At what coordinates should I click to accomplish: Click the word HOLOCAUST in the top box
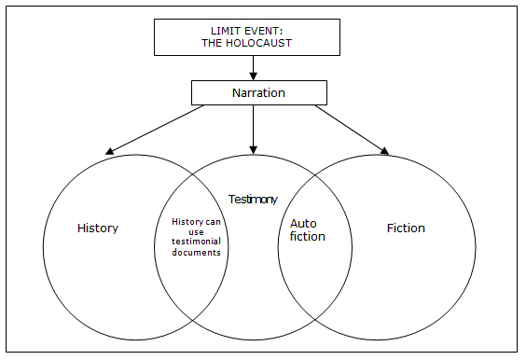click(x=258, y=43)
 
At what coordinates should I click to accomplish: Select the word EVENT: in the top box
click(x=264, y=31)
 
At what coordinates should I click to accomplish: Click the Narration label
click(x=258, y=92)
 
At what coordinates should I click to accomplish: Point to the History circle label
click(x=98, y=228)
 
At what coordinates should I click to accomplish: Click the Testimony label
click(x=253, y=200)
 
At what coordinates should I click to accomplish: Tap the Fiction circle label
click(x=406, y=228)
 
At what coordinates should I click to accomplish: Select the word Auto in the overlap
click(x=303, y=224)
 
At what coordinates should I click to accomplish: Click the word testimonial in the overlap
click(x=196, y=242)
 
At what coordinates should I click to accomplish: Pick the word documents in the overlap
click(x=196, y=253)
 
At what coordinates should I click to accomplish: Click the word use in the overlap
click(x=196, y=232)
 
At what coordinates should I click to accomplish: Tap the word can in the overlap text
click(x=213, y=222)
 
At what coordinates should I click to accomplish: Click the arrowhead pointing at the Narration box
click(x=254, y=76)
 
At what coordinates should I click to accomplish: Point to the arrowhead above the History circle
click(x=110, y=151)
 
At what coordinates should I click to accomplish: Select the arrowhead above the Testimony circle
click(x=254, y=150)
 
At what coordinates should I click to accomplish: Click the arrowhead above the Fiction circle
click(x=384, y=151)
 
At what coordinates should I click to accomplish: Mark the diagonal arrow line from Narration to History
click(x=154, y=130)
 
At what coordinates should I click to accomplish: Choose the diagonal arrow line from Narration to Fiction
click(x=352, y=131)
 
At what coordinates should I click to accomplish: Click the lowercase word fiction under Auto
click(x=308, y=237)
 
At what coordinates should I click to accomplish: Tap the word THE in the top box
click(x=212, y=43)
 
